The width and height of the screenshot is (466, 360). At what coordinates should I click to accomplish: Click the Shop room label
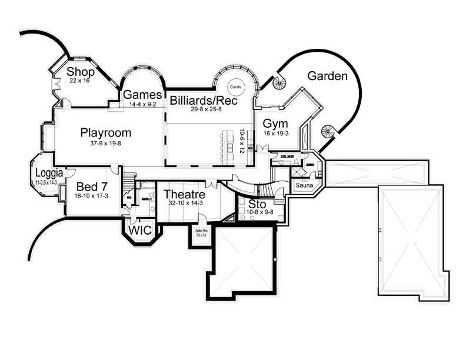[x=81, y=72]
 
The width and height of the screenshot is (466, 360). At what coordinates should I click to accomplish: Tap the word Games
[x=142, y=95]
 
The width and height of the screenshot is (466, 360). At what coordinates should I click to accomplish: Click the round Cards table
[x=235, y=86]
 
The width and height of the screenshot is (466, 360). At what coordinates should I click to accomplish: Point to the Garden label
[x=328, y=76]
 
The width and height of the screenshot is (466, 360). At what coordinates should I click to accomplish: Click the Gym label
[x=275, y=124]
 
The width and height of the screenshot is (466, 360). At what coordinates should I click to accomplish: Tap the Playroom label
[x=106, y=132]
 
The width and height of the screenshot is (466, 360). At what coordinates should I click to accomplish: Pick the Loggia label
[x=46, y=174]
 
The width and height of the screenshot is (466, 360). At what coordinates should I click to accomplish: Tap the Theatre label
[x=184, y=194]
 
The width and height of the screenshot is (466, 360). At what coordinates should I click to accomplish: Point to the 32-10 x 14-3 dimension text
[x=184, y=204]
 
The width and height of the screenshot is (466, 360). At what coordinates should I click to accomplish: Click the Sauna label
[x=304, y=185]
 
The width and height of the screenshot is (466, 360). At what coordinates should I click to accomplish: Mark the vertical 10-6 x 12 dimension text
[x=241, y=141]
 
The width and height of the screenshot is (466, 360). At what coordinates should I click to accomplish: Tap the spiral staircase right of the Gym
[x=328, y=131]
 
